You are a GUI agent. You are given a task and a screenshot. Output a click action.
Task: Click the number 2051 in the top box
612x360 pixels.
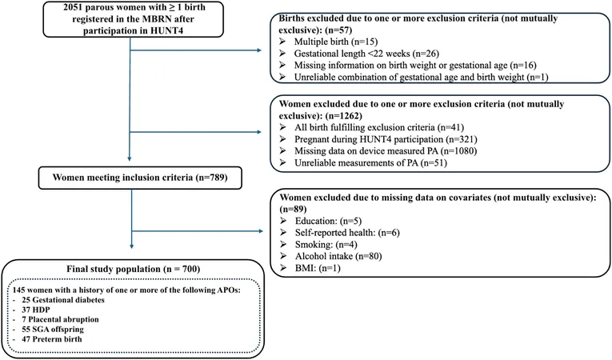coord(73,7)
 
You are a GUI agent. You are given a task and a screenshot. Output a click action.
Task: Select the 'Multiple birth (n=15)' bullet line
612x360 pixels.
coord(336,42)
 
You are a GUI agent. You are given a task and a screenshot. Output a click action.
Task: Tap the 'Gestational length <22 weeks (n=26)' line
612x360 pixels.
coord(366,54)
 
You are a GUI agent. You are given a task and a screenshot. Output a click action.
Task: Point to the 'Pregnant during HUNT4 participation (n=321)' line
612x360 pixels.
coord(386,139)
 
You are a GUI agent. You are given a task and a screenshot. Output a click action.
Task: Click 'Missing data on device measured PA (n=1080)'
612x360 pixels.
coord(386,151)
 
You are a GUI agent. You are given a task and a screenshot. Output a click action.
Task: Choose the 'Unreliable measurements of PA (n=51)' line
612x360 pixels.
coord(370,163)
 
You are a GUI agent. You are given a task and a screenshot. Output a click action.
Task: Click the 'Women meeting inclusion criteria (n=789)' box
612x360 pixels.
coord(140,178)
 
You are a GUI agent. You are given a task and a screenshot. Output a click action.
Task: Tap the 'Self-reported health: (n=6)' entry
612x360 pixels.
coord(347,233)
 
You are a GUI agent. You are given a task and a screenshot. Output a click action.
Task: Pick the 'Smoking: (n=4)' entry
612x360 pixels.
coord(326,245)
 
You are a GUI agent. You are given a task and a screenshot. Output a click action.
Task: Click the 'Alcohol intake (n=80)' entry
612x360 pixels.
coord(338,256)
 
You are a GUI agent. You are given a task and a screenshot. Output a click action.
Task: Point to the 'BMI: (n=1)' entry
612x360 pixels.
coord(318,268)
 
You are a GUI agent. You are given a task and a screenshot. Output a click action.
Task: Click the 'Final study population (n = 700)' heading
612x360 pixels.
coord(133,269)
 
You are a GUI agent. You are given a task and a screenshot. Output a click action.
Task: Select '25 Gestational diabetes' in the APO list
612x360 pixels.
coord(63,300)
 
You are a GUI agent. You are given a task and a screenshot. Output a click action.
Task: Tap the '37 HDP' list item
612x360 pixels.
coord(36,310)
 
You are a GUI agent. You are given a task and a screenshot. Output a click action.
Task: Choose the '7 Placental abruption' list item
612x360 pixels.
coord(60,319)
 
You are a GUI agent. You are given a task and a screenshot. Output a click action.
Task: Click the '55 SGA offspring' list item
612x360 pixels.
coord(53,329)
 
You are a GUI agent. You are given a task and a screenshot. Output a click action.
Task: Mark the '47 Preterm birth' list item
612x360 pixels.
coord(52,339)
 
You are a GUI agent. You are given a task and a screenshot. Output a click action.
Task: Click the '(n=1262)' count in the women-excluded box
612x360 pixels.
coord(343,116)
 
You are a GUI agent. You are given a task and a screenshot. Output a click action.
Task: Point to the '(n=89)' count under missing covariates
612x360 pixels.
coord(293,210)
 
